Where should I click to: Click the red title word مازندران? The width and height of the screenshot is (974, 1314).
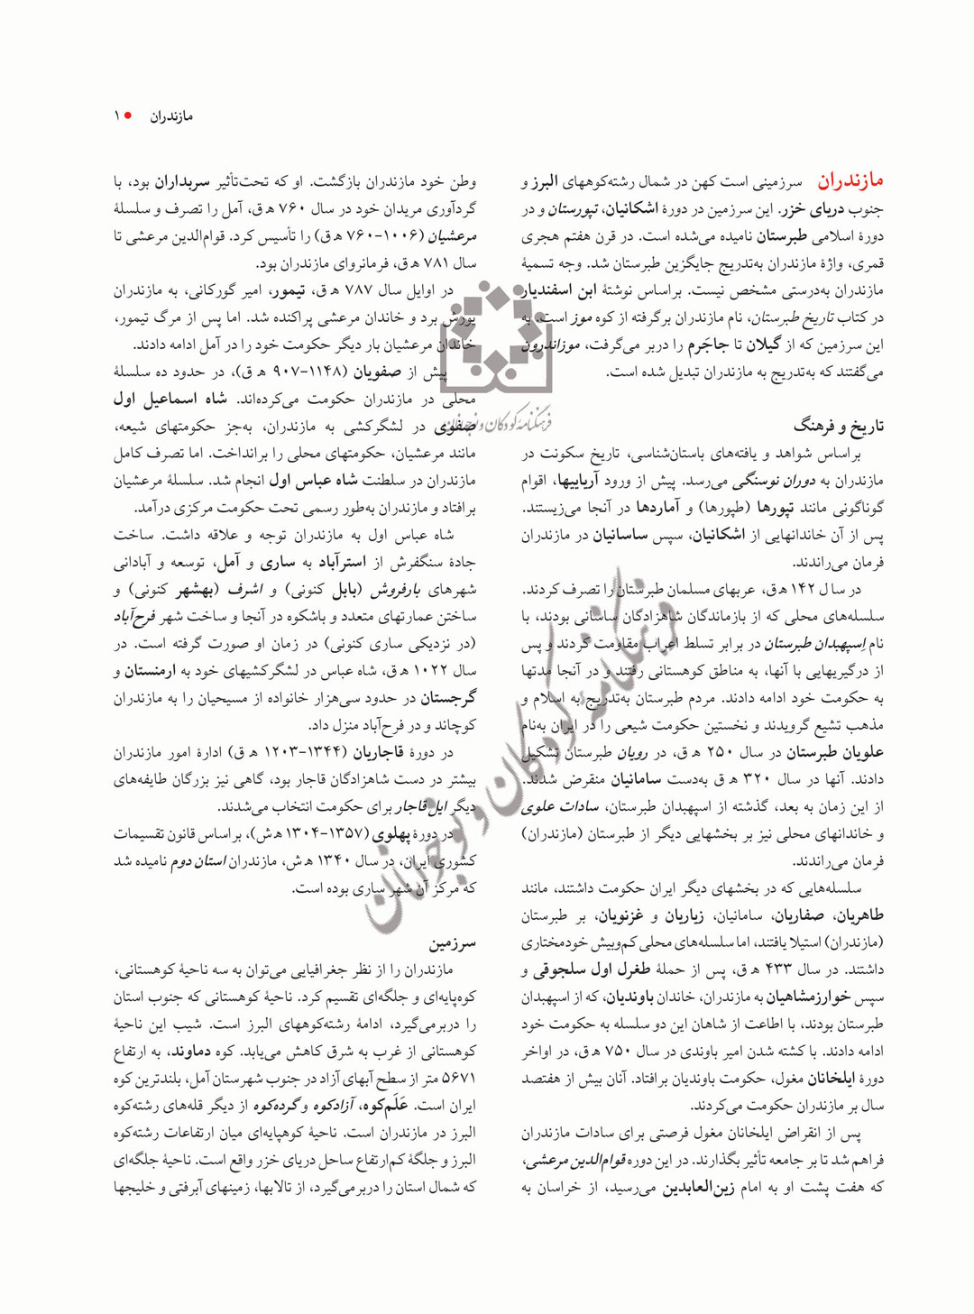coord(850,181)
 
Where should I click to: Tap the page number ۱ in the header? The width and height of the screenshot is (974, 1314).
coord(116,116)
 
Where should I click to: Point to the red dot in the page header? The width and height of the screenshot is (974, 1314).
coord(129,116)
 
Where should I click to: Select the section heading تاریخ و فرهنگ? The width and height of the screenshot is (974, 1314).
coord(838,426)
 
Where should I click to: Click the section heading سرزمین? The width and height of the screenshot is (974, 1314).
coord(453,943)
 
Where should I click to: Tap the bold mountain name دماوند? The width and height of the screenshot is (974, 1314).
coord(190,1052)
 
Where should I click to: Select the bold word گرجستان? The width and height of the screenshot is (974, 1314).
coord(447,698)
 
